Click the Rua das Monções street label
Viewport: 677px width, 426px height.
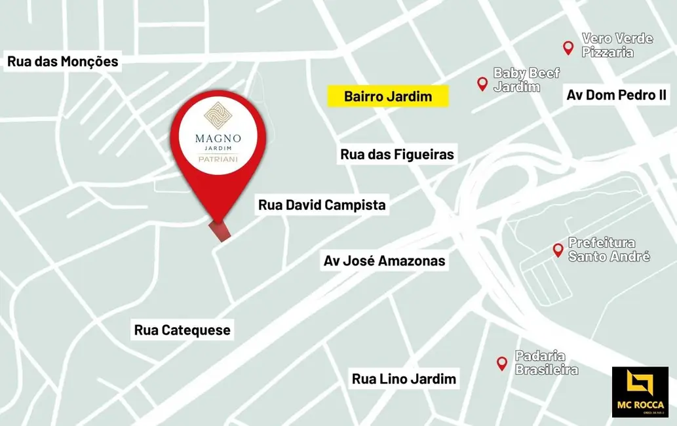click(x=63, y=62)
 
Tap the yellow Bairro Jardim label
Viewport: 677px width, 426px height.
click(x=388, y=96)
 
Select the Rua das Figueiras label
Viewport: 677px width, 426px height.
click(x=397, y=155)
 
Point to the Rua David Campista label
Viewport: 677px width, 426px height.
click(x=322, y=205)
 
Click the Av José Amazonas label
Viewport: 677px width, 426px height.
click(x=384, y=261)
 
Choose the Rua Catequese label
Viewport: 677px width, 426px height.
click(x=182, y=330)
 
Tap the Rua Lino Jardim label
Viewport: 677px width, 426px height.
click(x=404, y=378)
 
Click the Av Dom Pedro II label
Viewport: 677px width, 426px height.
click(x=616, y=95)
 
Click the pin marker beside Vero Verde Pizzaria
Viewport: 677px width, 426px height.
click(x=568, y=47)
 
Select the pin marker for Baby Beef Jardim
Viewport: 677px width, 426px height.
click(x=482, y=83)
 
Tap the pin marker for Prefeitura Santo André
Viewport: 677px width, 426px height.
click(x=558, y=249)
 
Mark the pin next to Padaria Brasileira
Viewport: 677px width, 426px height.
click(x=502, y=362)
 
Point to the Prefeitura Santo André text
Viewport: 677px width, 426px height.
click(x=609, y=249)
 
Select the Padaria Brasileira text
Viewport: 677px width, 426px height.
click(x=547, y=362)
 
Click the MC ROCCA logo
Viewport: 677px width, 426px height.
click(x=640, y=392)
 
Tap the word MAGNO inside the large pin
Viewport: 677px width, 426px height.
click(x=218, y=138)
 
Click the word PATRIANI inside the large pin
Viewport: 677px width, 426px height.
click(x=218, y=159)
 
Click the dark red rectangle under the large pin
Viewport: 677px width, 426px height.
click(x=221, y=231)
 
